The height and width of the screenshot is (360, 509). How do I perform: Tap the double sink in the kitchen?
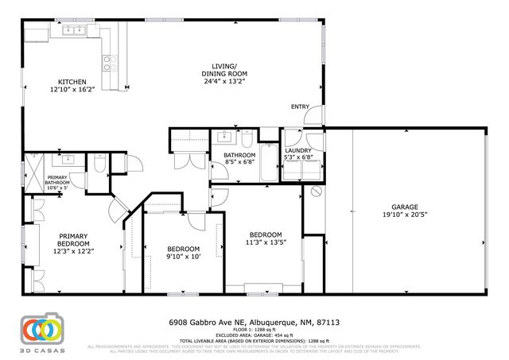(73, 30)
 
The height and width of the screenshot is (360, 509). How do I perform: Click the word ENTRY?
(300, 107)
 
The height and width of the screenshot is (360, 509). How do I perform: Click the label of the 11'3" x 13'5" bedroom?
(265, 238)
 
